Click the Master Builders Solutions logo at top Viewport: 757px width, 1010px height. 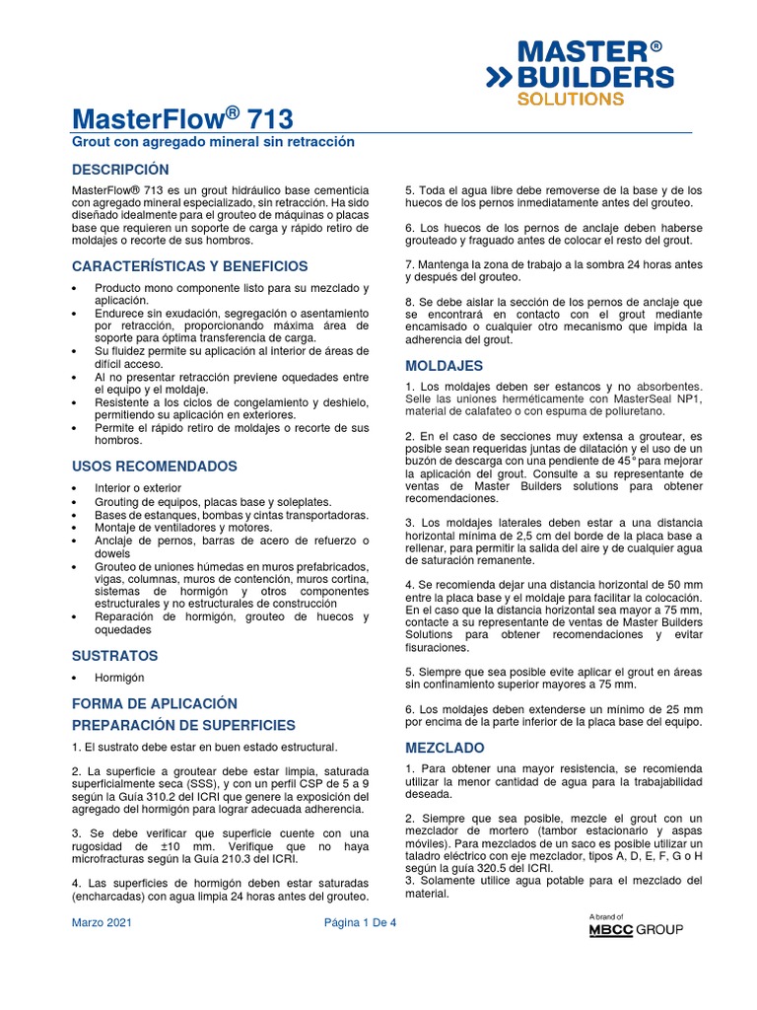click(x=581, y=73)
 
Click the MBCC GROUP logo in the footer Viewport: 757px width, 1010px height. click(x=636, y=929)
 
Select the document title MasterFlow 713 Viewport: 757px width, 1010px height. click(x=182, y=119)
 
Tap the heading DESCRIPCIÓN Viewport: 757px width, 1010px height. click(x=120, y=170)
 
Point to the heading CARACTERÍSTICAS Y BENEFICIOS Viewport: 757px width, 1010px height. click(x=189, y=266)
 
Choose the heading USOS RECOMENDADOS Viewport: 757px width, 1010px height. click(x=155, y=466)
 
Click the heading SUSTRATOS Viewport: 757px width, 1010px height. click(x=115, y=655)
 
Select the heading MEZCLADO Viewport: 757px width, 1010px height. click(x=445, y=748)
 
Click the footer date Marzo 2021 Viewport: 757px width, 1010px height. click(x=102, y=924)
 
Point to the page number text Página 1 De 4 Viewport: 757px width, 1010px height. click(x=360, y=924)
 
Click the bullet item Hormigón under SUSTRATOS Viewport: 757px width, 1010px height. click(x=119, y=678)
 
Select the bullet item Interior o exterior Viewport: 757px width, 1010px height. click(x=138, y=488)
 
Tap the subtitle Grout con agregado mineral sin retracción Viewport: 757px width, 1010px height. click(x=212, y=143)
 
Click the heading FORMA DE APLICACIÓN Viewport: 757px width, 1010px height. click(x=155, y=703)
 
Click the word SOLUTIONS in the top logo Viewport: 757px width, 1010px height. click(x=571, y=99)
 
